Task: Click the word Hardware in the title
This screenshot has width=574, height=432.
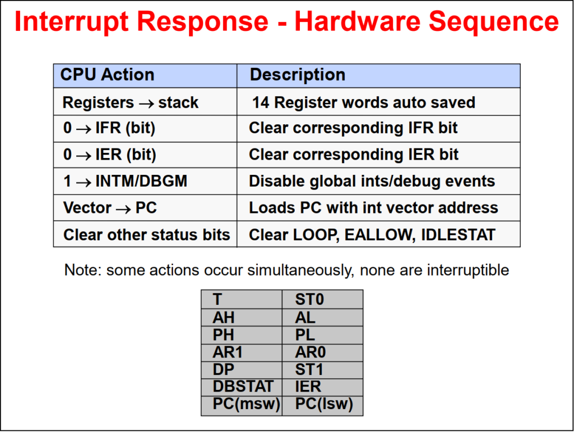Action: [x=358, y=21]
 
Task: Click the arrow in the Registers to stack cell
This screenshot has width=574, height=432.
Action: [x=146, y=104]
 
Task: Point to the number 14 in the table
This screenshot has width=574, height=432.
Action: [x=261, y=103]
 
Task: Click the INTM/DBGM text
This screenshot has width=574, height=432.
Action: [x=141, y=181]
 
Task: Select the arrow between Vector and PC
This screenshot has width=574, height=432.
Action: [x=123, y=209]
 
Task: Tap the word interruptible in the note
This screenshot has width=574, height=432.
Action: [x=468, y=270]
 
